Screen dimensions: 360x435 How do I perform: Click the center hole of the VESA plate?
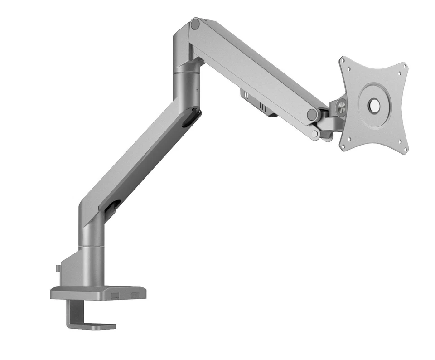coord(374,106)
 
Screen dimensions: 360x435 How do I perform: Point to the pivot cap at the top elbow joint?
coord(195,24)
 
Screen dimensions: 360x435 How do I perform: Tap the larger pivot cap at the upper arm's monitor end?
coord(312,114)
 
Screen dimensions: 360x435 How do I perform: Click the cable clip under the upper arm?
coord(258,103)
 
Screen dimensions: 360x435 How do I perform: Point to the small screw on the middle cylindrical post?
coord(198,89)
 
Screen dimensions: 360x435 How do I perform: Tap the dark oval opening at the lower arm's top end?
coord(191,119)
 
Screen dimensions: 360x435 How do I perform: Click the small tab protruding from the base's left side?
coord(58,268)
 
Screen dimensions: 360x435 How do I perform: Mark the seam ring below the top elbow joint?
coord(186,71)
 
